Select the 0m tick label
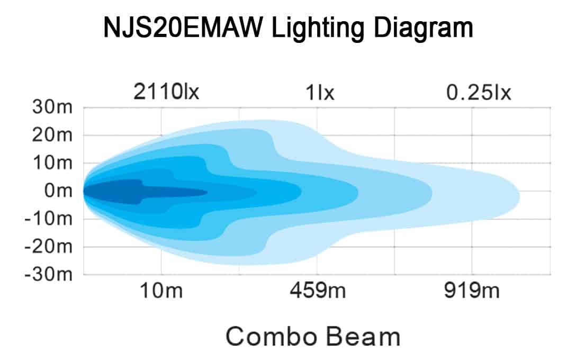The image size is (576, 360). tap(59, 191)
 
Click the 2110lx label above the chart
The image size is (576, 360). tap(166, 92)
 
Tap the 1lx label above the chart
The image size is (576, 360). tap(319, 92)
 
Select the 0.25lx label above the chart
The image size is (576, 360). tap(479, 92)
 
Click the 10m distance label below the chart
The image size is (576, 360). tap(161, 291)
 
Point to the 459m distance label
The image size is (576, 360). tap(316, 291)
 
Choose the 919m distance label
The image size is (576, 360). tap(472, 291)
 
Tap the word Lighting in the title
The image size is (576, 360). tap(316, 28)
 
